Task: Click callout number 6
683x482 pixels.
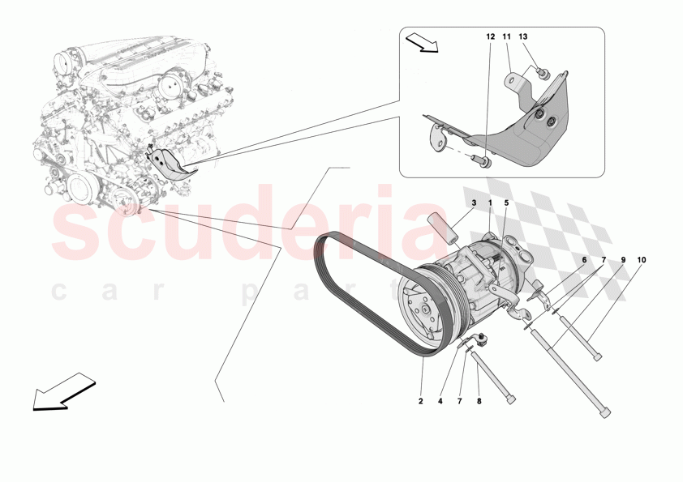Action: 583,260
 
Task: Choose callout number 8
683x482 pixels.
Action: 479,401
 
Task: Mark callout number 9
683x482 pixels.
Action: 623,260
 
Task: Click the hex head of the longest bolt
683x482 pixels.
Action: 606,413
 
